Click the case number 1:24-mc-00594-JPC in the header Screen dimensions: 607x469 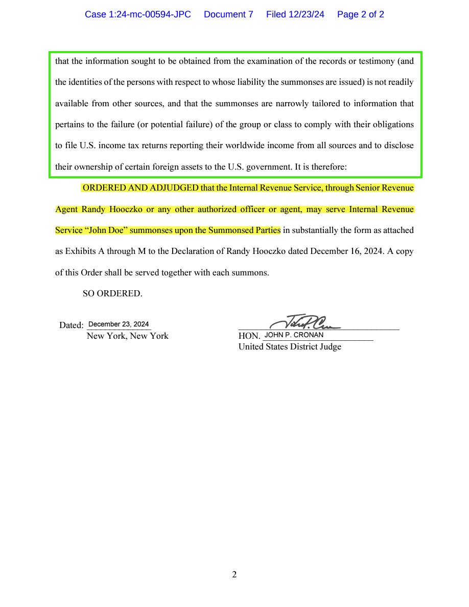[137, 15]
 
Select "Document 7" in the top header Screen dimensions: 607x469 [228, 15]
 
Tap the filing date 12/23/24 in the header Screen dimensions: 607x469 [295, 15]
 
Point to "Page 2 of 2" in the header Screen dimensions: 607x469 [361, 15]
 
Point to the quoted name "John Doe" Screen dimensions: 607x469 [106, 230]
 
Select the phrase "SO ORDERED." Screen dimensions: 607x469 [112, 294]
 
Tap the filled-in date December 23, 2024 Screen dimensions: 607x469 [119, 324]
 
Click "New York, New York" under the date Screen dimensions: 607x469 [127, 336]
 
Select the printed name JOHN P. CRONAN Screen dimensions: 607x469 [294, 335]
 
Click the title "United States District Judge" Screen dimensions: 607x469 [290, 347]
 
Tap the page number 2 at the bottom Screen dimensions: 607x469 [235, 575]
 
